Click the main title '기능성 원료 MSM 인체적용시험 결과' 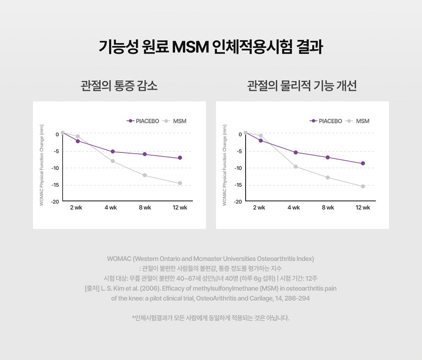(211, 47)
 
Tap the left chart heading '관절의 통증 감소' (119, 86)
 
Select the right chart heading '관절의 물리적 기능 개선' (302, 86)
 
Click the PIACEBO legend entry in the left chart (143, 121)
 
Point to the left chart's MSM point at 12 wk (180, 183)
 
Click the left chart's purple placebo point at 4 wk (113, 152)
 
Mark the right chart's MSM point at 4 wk (295, 167)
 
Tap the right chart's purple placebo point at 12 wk (363, 163)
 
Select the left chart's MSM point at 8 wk (145, 175)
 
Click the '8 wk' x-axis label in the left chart (145, 208)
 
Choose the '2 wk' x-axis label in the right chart (259, 208)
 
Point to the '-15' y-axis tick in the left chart (55, 185)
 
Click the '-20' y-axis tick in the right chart (238, 202)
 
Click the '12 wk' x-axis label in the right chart (363, 208)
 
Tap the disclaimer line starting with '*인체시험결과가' (211, 318)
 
